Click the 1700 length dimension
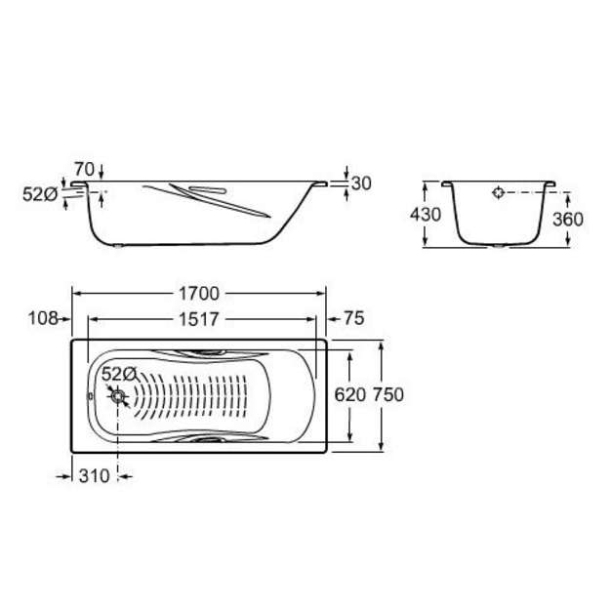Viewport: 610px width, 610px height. [x=199, y=294]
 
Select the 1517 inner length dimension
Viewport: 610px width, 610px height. [x=199, y=319]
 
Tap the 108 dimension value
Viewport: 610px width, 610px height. [x=43, y=318]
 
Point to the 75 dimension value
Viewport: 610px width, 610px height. [x=354, y=318]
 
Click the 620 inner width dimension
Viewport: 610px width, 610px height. [x=350, y=395]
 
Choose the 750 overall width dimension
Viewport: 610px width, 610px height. [x=388, y=395]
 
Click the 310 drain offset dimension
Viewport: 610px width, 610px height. [x=94, y=475]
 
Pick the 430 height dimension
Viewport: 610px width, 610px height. [x=426, y=215]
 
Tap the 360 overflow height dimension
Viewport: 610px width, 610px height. [x=568, y=220]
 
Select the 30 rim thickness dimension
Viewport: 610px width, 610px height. [x=361, y=183]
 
